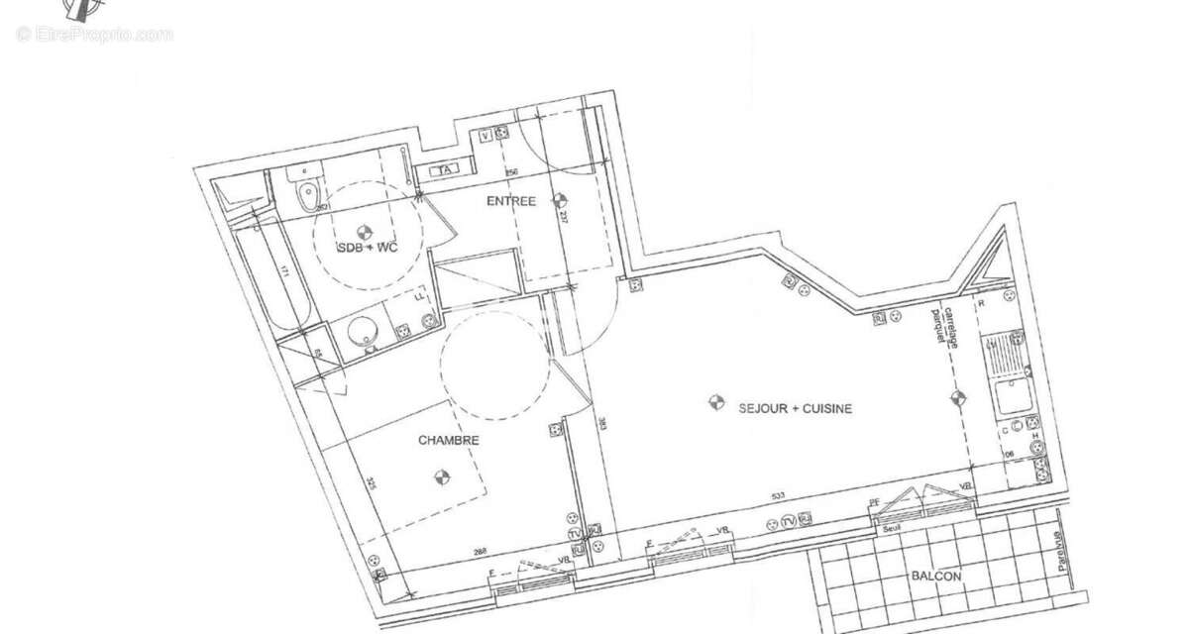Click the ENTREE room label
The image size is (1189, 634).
click(510, 201)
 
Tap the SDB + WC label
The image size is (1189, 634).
click(368, 248)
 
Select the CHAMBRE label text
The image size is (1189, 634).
click(449, 441)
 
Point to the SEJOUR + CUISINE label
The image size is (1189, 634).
click(795, 407)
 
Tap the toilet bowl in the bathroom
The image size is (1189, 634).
click(308, 192)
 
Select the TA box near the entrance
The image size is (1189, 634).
click(445, 169)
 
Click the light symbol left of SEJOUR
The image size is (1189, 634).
click(713, 402)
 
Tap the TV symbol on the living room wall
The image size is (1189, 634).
click(790, 521)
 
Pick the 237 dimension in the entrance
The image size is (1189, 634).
click(563, 217)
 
